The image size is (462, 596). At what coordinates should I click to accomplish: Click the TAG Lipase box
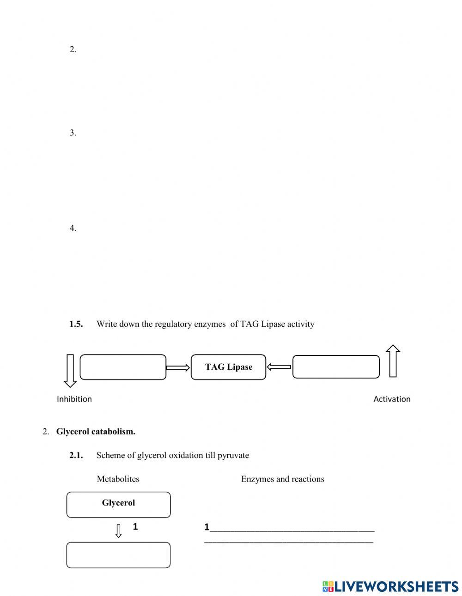[x=228, y=367]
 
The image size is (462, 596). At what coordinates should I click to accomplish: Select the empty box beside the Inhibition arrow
[x=123, y=367]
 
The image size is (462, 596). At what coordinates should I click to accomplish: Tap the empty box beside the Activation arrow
[x=336, y=367]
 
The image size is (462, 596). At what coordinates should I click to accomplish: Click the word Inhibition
[x=74, y=399]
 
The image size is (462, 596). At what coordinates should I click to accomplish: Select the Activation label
[x=392, y=399]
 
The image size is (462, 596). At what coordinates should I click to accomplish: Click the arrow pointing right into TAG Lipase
[x=178, y=367]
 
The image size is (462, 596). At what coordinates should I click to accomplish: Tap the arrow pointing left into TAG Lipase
[x=279, y=367]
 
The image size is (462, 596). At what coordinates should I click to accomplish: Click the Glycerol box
[x=118, y=504]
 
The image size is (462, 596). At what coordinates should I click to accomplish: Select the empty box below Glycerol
[x=118, y=554]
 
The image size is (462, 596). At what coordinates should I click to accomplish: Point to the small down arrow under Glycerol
[x=118, y=530]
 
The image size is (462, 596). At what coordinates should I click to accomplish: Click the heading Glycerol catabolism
[x=96, y=432]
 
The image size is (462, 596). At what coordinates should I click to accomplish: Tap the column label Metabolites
[x=118, y=479]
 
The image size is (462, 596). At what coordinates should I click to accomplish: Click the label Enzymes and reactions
[x=282, y=479]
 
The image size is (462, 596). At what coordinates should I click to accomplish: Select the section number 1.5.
[x=76, y=324]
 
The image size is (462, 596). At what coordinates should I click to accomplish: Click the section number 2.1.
[x=76, y=455]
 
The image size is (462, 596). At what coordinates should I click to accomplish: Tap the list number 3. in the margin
[x=73, y=133]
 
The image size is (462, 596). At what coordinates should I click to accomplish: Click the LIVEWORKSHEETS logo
[x=390, y=586]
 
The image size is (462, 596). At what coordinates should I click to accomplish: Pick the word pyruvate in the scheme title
[x=233, y=455]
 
